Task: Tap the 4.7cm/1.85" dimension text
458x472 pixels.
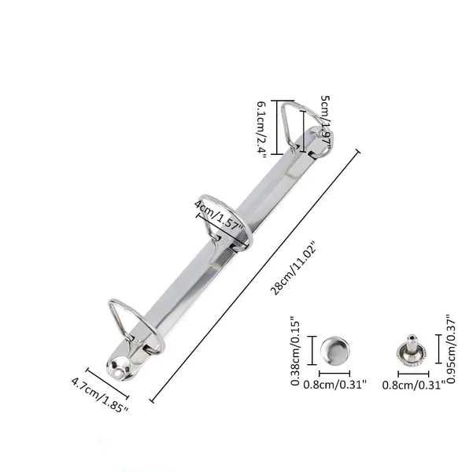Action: (100, 395)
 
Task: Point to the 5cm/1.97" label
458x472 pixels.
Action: (326, 123)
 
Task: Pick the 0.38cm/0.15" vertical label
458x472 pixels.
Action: (295, 350)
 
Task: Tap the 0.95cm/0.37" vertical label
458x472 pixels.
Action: (451, 348)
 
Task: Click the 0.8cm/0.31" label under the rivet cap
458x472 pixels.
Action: (334, 385)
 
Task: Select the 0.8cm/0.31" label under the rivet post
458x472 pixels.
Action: (413, 385)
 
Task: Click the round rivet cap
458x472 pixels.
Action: (334, 351)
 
